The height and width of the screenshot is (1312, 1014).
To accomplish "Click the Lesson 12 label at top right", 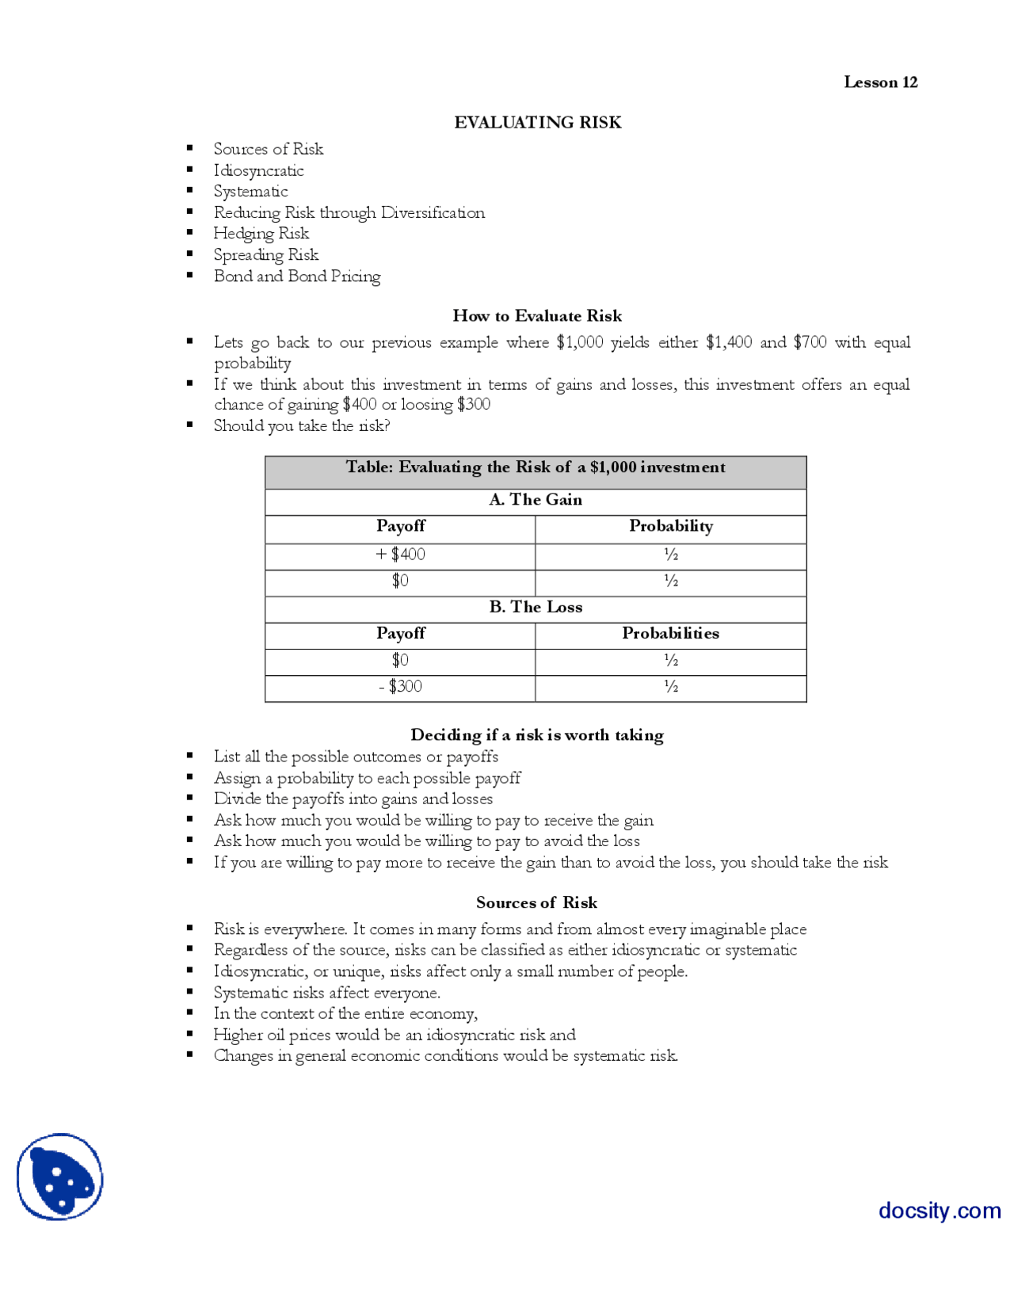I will pos(880,82).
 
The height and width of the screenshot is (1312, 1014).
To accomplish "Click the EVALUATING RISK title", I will pos(537,122).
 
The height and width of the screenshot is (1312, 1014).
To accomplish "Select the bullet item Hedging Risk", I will pos(261,234).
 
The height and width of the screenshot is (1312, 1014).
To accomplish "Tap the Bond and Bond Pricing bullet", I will pos(296,277).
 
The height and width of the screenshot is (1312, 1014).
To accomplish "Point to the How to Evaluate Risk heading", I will pos(537,316).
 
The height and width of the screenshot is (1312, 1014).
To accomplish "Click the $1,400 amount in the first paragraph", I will pos(728,342).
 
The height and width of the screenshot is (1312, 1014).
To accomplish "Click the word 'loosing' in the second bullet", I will pos(427,404).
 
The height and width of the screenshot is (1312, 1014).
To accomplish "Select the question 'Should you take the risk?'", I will pos(301,426).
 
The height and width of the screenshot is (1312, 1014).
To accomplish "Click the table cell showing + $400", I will pos(400,555).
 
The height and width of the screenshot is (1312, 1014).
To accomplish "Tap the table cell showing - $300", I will pos(400,687).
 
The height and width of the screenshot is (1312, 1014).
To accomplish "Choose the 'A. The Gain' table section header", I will pos(536,500).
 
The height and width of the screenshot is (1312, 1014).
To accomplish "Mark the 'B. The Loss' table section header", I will pos(536,608).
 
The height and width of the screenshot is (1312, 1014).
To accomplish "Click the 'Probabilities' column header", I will pos(670,634).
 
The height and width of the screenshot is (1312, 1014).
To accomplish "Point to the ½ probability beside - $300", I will pos(671,687).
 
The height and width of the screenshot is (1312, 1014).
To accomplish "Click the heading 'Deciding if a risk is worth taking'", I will pos(537,735).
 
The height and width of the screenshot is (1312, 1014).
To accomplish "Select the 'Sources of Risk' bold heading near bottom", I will pos(536,903).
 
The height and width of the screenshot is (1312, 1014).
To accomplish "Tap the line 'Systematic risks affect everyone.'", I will pos(326,994).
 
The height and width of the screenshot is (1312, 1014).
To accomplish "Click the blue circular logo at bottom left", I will pos(60,1177).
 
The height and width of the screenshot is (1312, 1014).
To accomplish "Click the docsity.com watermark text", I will pos(939,1211).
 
